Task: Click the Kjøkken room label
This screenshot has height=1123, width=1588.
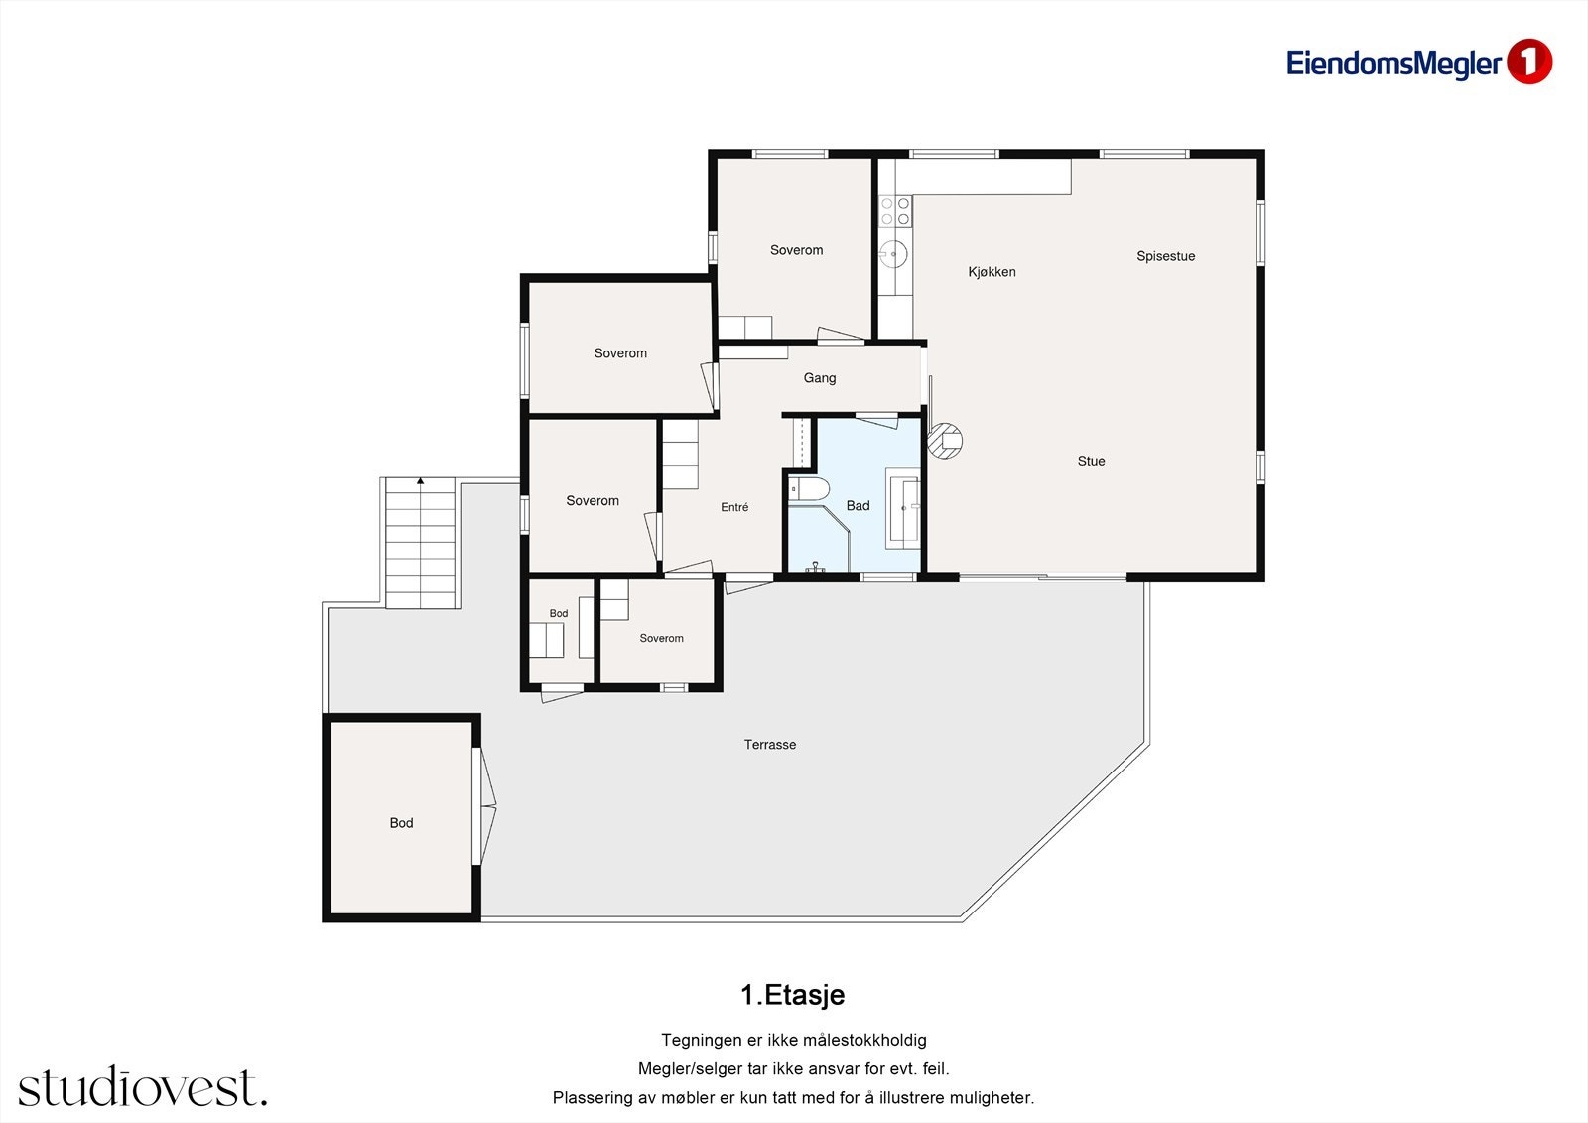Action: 992,272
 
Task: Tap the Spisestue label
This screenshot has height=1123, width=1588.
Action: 1165,256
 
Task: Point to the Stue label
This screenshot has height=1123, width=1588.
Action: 1091,461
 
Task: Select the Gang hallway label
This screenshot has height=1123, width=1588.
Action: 820,378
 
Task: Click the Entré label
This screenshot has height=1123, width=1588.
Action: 734,507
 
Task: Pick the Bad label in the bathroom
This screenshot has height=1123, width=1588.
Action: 858,505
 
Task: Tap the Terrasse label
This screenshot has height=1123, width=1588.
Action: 770,744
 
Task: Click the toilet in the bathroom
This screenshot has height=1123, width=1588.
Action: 809,490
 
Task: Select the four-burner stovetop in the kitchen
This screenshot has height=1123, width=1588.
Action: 894,211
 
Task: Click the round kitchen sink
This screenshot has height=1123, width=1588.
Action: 894,253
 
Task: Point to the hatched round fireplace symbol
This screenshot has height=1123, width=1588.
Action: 945,441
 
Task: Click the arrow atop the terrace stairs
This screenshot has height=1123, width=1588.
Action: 421,481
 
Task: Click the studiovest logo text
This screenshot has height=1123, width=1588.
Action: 143,1087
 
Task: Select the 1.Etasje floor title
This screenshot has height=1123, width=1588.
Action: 793,995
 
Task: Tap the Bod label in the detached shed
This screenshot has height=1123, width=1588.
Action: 401,823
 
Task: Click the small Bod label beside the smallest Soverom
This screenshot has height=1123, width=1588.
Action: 559,613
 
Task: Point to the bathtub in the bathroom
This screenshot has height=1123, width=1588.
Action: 902,508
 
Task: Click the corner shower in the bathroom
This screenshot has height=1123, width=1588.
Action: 819,538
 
